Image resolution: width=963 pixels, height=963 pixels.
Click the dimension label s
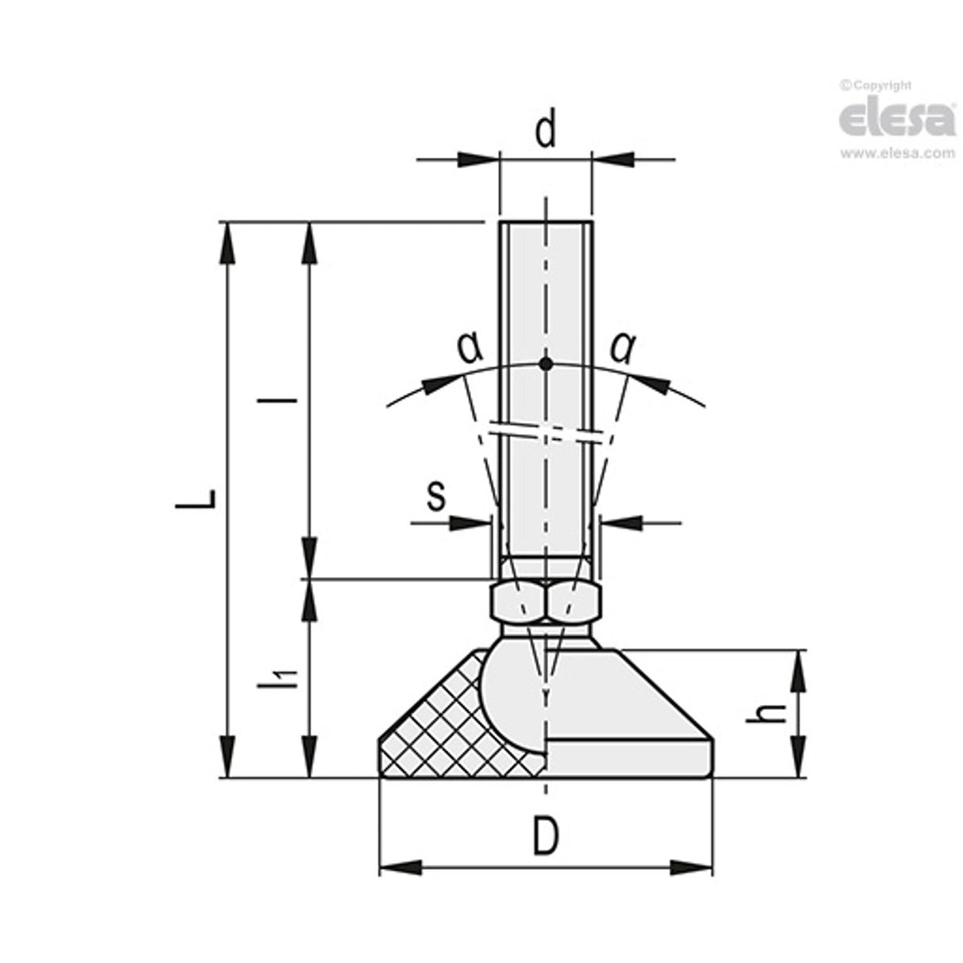coord(435,497)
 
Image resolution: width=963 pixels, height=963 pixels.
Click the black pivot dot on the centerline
coord(545,364)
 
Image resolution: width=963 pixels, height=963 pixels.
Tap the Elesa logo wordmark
coord(896,119)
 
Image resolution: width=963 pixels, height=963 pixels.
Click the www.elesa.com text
coord(897,154)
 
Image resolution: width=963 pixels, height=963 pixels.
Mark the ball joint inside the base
coord(512,694)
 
